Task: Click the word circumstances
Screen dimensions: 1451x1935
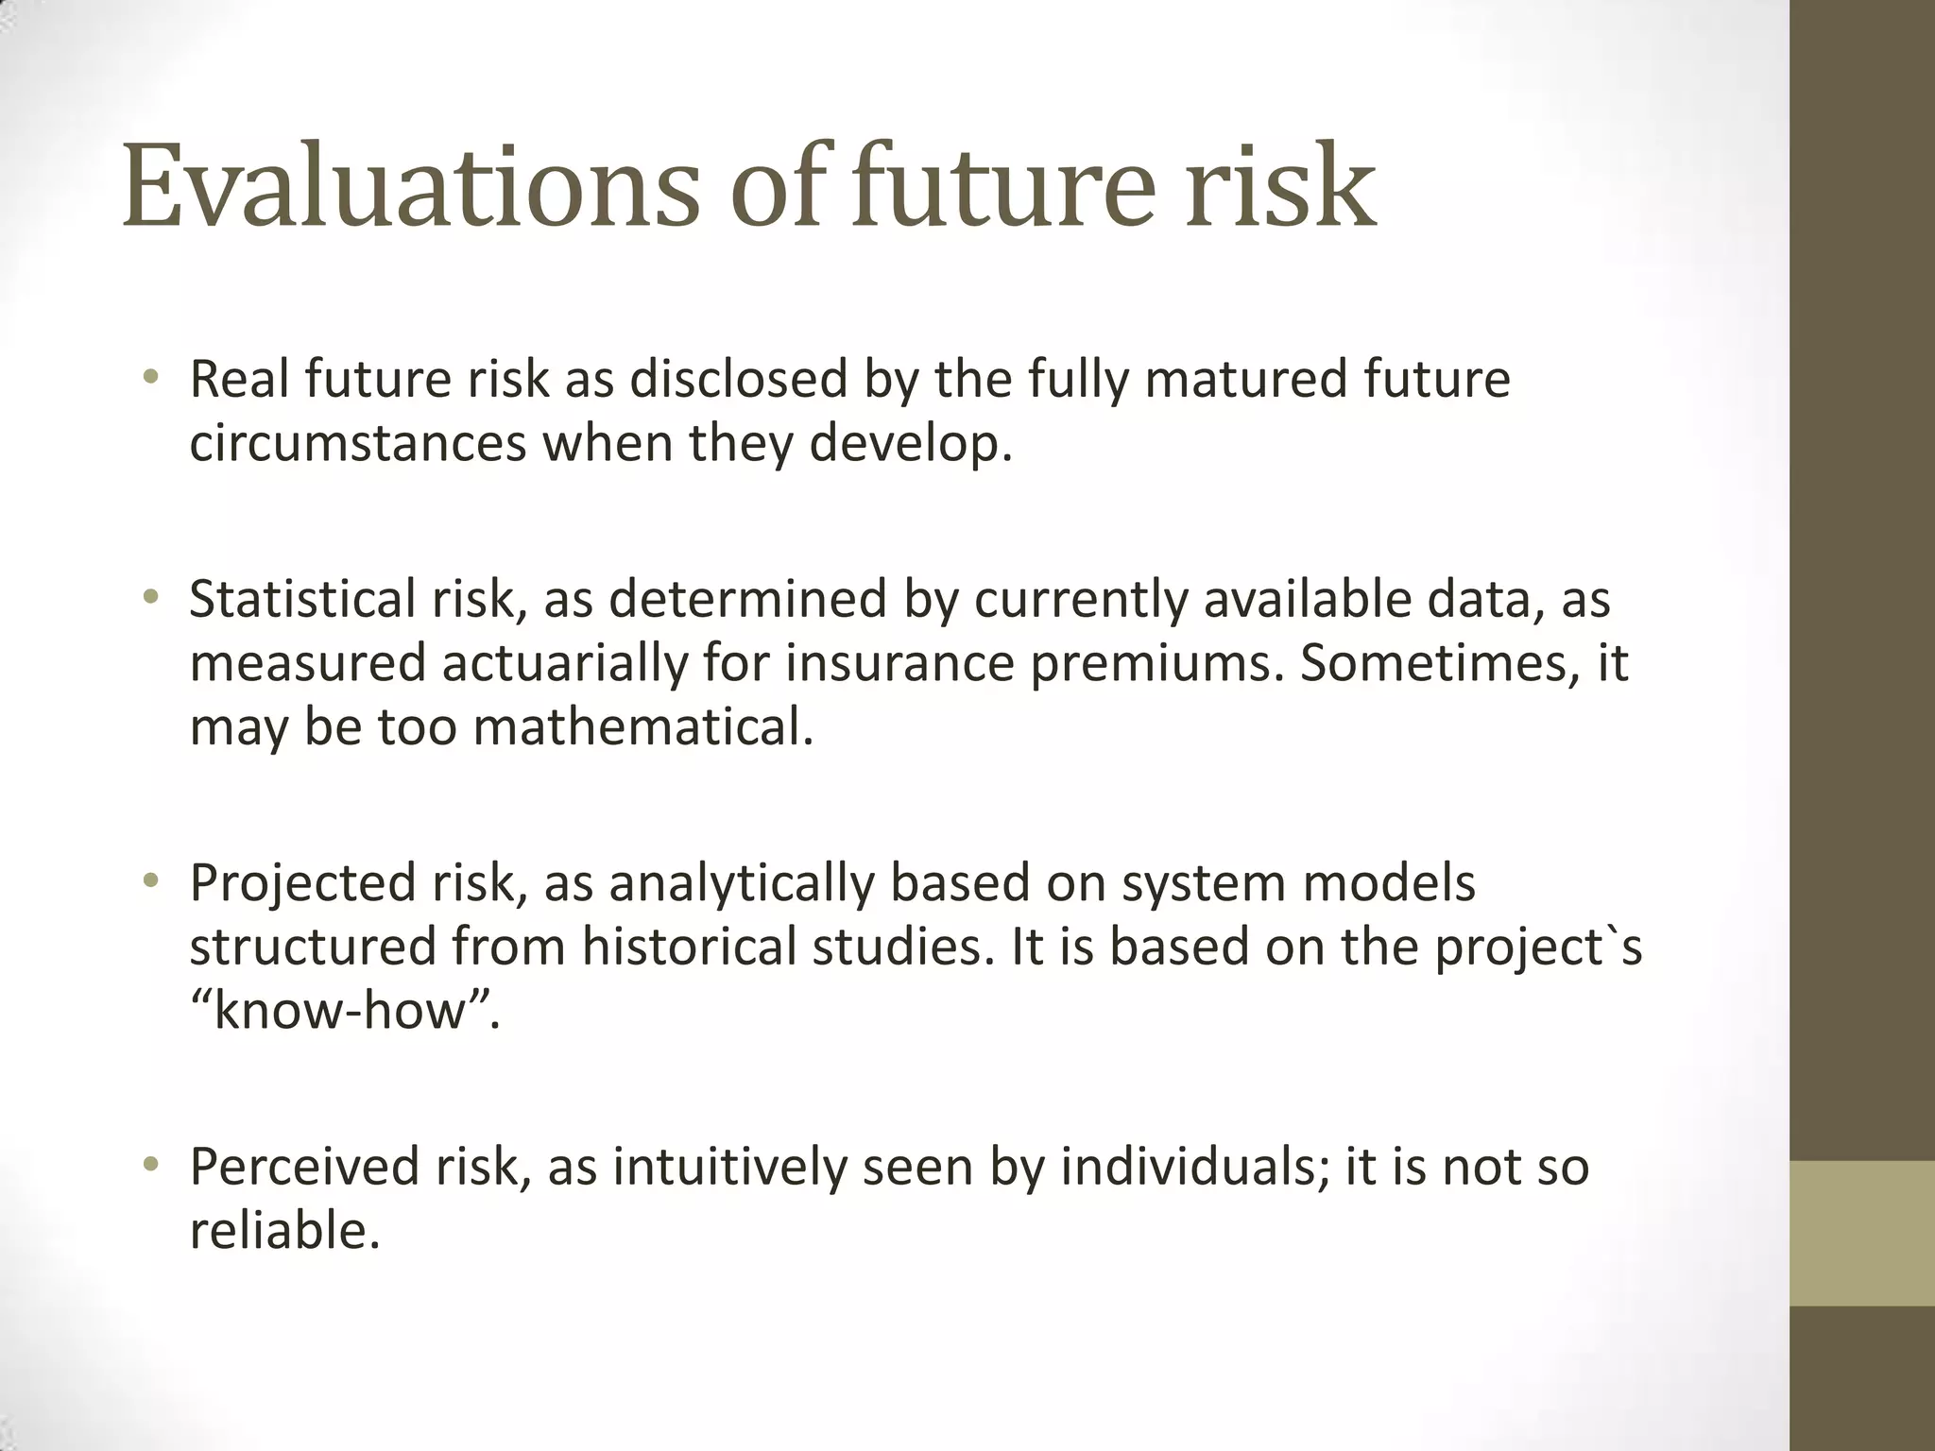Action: [x=357, y=443]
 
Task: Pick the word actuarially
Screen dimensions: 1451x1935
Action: [x=564, y=663]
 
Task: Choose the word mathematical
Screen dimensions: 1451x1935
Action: [x=642, y=727]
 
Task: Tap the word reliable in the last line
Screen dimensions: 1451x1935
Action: [x=284, y=1231]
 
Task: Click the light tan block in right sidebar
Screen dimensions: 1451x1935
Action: [x=1862, y=1233]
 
